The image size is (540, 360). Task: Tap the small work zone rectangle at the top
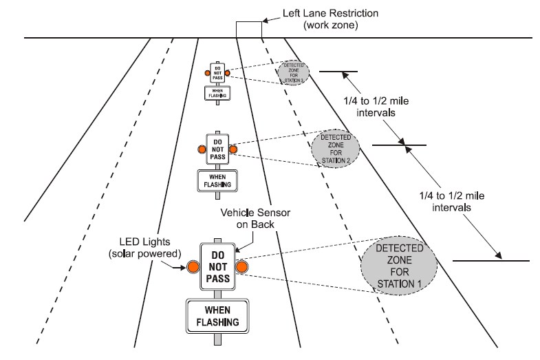[x=248, y=29]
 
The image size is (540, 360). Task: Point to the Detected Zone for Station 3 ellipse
[x=293, y=72]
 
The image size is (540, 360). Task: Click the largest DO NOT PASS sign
[x=217, y=266]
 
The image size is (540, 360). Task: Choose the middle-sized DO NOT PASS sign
[x=217, y=149]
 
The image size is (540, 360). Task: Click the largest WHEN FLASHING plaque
[x=217, y=316]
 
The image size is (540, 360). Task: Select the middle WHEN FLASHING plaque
[x=217, y=180]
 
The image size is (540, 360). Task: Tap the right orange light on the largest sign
[x=242, y=266]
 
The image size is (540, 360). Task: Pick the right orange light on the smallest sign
[x=227, y=72]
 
